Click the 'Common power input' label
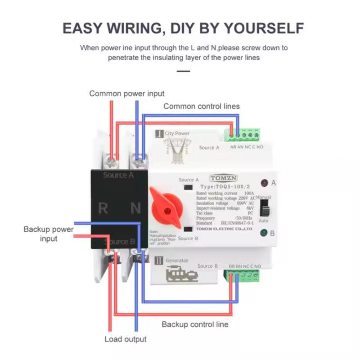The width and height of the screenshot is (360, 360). click(127, 94)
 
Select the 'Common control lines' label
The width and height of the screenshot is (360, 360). click(202, 106)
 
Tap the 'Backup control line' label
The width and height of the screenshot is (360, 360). click(195, 324)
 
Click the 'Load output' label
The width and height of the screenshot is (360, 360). click(126, 339)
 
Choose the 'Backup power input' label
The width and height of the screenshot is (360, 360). click(49, 234)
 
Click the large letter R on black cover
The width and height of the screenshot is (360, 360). click(103, 208)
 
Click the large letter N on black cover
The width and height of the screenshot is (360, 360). click(136, 208)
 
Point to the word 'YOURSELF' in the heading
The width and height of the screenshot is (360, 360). click(261, 27)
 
